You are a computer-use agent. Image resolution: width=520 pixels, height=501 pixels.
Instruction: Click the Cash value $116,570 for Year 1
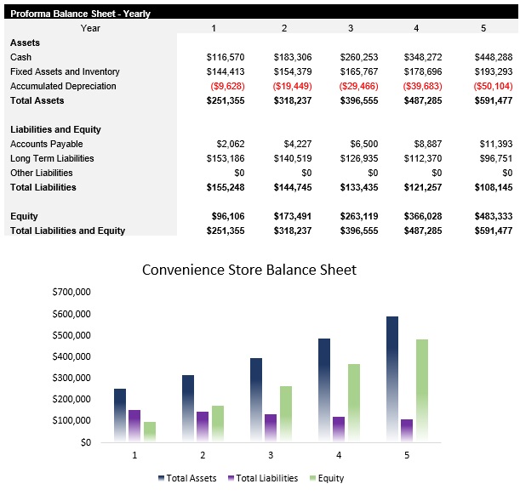coord(226,57)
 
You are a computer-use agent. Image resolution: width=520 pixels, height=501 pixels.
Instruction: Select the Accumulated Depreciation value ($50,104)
coord(493,86)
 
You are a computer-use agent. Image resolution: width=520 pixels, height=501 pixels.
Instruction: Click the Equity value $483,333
coord(493,216)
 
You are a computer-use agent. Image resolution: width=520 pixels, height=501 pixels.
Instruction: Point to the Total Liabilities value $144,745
coord(293,187)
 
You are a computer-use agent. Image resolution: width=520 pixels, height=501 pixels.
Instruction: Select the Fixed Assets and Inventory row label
coord(65,71)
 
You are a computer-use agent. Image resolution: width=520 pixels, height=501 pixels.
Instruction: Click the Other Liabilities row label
coord(42,173)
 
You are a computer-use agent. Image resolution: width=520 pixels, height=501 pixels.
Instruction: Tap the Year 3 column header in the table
coord(350,28)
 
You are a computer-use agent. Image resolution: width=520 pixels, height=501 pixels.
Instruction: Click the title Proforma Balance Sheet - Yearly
coord(80,14)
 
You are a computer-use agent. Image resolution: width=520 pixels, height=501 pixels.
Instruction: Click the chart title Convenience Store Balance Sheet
coord(249,270)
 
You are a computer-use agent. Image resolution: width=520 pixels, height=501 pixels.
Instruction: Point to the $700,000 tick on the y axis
coord(71,292)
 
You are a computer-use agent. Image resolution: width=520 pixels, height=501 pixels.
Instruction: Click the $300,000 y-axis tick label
coord(71,378)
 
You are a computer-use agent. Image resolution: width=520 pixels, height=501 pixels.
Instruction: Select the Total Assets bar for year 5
coord(392,379)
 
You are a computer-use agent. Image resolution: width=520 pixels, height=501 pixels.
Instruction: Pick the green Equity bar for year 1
coord(150,431)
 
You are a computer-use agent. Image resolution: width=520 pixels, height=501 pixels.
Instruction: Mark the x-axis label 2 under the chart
coord(203,455)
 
